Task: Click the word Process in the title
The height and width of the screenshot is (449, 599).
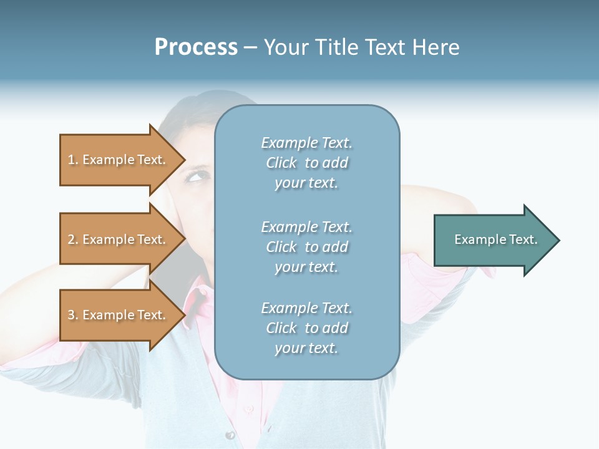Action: [x=196, y=47]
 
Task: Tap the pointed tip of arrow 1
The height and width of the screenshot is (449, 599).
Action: [x=183, y=160]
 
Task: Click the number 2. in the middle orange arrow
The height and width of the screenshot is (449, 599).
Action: [x=73, y=239]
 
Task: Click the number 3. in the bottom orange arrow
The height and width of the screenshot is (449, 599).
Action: [x=73, y=315]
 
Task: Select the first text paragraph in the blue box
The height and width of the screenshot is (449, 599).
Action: [x=306, y=163]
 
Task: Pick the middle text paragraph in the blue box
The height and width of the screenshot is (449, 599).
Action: [x=306, y=247]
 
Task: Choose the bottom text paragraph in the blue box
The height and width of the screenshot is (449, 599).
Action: [x=306, y=328]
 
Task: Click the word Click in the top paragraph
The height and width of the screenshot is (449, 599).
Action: [x=281, y=163]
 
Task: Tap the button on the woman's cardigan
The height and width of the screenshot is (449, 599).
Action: [x=230, y=434]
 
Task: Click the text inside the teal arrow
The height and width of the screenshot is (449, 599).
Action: [x=495, y=239]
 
